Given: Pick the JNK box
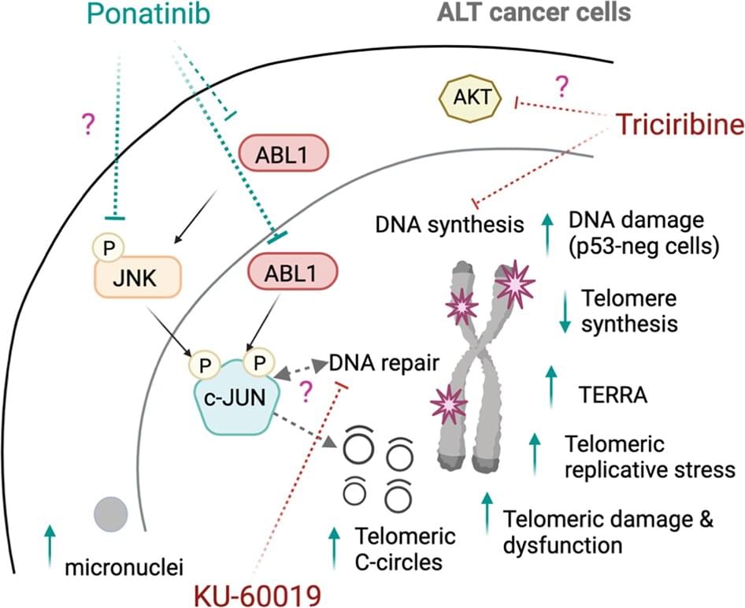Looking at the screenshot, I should coord(139,279).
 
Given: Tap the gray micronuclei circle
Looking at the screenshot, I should coord(111,514).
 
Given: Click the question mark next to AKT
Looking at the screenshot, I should coord(562,84).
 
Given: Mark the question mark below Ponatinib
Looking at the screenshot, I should coord(87,122).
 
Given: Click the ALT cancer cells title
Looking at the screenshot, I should coord(543,13).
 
